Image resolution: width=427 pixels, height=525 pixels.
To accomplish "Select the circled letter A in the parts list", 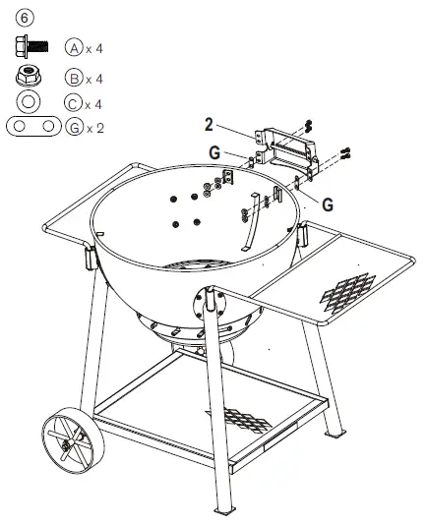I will click(73, 46).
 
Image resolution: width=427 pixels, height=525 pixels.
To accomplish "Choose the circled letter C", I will click(73, 103).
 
